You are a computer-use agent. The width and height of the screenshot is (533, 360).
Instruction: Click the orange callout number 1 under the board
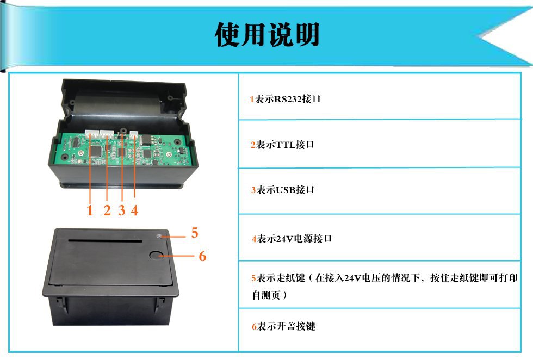pos(90,210)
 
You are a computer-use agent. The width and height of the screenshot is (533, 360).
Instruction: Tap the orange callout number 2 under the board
pos(107,210)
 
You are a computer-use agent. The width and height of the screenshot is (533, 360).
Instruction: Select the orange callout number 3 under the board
pos(121,210)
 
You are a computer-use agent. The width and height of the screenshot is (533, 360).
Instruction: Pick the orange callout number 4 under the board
pos(134,210)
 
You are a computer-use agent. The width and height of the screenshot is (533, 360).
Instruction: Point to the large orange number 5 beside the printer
pos(195,233)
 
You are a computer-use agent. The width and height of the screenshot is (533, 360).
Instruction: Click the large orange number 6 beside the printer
pos(202,256)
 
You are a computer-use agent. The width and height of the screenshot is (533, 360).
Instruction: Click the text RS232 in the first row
pos(287,100)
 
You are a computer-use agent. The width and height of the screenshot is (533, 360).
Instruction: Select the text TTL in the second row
pos(285,145)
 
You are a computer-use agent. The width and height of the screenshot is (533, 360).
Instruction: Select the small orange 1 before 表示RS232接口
pos(252,100)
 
